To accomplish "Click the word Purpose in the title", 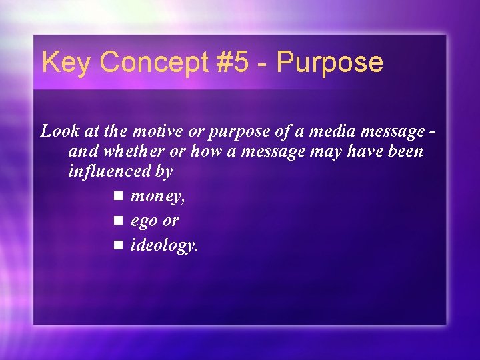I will click(x=330, y=63).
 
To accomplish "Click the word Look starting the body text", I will click(x=57, y=131).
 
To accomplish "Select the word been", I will click(x=404, y=151).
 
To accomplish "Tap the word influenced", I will click(x=109, y=171).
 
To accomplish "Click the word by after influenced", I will click(x=164, y=172).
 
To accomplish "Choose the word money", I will click(x=158, y=197).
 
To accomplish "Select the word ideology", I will click(x=164, y=245).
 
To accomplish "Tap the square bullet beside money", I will click(x=119, y=196).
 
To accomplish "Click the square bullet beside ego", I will click(x=119, y=220).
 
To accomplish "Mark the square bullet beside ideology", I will click(x=119, y=245).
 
